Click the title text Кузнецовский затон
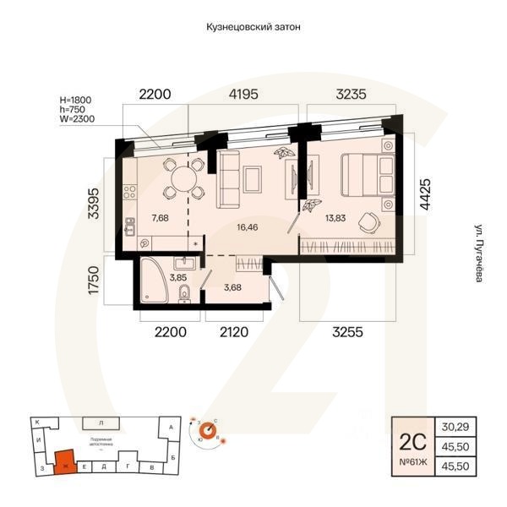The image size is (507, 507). (x=253, y=27)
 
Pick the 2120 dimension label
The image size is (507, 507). (x=234, y=332)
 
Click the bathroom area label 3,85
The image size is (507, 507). (x=178, y=276)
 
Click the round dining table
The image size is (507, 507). (x=183, y=178)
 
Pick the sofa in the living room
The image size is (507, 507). (x=226, y=180)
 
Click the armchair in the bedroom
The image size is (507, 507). (x=368, y=221)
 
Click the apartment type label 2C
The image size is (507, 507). (x=409, y=439)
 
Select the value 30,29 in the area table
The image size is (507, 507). (x=455, y=427)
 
